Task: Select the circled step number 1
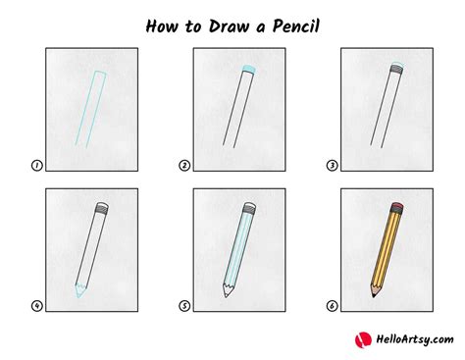tap(37, 166)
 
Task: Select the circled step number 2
tap(184, 166)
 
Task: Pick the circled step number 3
tap(332, 166)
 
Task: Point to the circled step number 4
tap(37, 305)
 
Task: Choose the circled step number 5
tap(184, 305)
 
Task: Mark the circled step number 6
tap(332, 305)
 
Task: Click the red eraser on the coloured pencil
tap(397, 208)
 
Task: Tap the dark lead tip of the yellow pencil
tap(374, 294)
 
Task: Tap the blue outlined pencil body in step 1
tap(93, 108)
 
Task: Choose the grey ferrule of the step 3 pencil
tap(396, 72)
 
